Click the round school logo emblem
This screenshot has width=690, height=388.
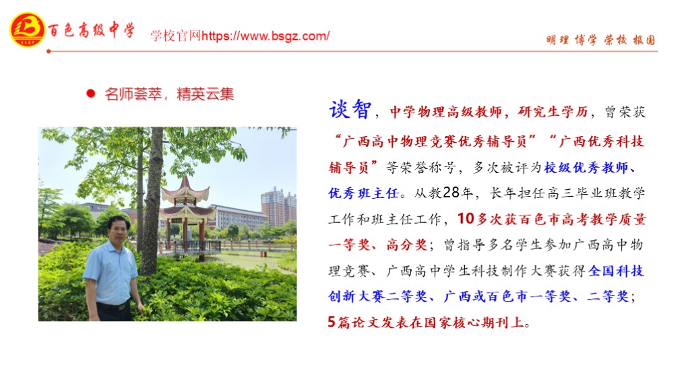coord(27,30)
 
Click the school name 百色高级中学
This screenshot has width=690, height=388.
coord(92,30)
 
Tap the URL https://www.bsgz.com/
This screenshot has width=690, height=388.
coord(265,36)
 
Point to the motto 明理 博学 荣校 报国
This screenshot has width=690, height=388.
coord(600,40)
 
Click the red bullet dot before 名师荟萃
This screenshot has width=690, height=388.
coord(91,93)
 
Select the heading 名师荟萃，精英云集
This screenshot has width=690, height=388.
coord(169,94)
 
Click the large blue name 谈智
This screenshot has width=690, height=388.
coord(350,109)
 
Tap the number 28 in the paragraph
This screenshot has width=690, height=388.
coord(451,193)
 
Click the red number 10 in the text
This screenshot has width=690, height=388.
coord(466,219)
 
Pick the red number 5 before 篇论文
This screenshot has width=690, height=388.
coord(332,321)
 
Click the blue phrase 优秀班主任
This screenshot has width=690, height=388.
coord(363,193)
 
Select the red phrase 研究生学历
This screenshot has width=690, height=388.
coord(553,112)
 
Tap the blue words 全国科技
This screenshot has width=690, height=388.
coord(616,271)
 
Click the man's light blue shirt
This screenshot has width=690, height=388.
coord(110,273)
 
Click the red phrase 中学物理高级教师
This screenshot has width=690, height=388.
coord(446,112)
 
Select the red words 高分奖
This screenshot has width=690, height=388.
coord(407,245)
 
